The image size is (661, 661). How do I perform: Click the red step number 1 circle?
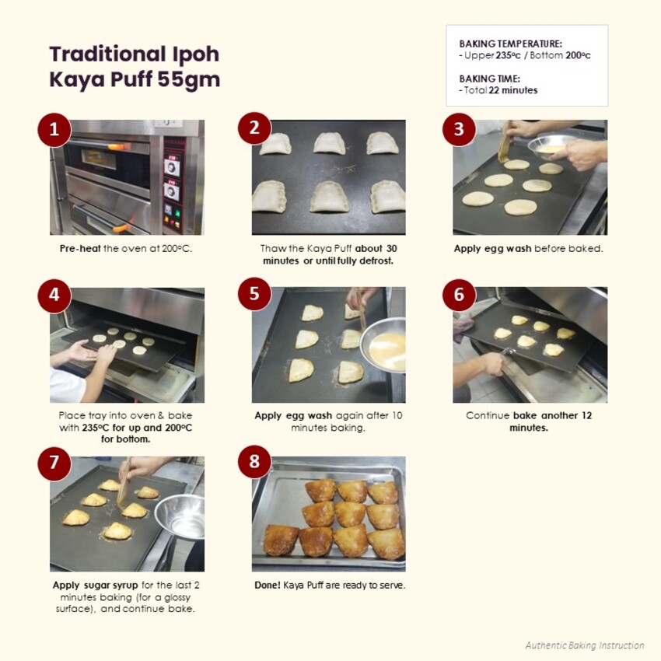(x=54, y=130)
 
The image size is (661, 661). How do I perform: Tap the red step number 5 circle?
(x=254, y=296)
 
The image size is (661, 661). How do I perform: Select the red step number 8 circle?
(x=254, y=463)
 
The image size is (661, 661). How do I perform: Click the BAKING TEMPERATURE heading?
(x=510, y=44)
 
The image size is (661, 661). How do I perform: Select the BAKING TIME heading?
(x=489, y=79)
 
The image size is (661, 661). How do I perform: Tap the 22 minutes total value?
(x=512, y=90)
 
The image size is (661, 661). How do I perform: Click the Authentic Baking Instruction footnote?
(x=584, y=645)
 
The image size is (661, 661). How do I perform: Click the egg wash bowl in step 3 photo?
(x=552, y=145)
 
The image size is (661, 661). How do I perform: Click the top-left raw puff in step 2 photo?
(x=275, y=144)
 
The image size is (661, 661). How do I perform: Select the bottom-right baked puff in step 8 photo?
(x=386, y=543)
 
